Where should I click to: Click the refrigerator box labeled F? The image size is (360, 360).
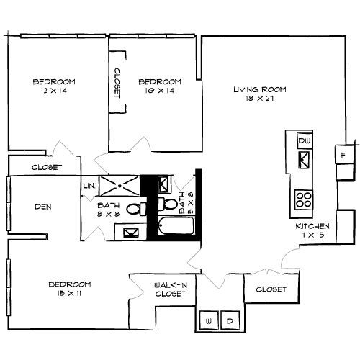pyautogui.click(x=343, y=155)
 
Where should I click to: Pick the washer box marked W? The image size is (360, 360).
pyautogui.click(x=210, y=320)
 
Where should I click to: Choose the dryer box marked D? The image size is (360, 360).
pyautogui.click(x=230, y=320)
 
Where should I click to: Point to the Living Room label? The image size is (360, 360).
pyautogui.click(x=259, y=90)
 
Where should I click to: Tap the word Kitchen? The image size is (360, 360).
pyautogui.click(x=313, y=227)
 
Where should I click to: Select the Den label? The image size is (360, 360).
pyautogui.click(x=42, y=207)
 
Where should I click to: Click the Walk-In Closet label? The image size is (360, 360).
pyautogui.click(x=171, y=289)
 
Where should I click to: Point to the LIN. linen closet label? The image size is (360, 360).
pyautogui.click(x=89, y=186)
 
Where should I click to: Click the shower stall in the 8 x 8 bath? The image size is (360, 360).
pyautogui.click(x=119, y=185)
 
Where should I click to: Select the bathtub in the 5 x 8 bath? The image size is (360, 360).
pyautogui.click(x=173, y=228)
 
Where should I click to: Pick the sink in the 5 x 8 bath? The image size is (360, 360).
pyautogui.click(x=163, y=186)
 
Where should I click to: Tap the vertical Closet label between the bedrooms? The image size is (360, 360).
pyautogui.click(x=117, y=84)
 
